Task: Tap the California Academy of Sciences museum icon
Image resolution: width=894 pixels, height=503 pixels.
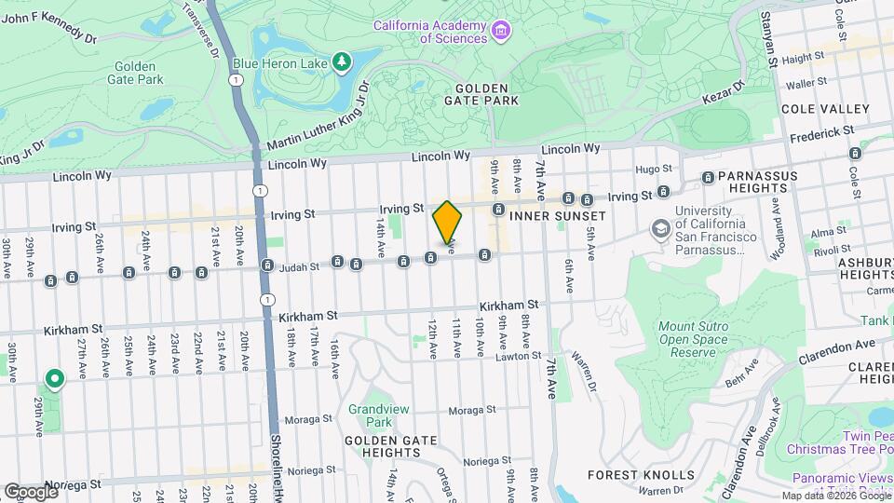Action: click(x=502, y=32)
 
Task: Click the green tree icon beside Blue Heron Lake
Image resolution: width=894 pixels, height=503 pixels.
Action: click(x=344, y=61)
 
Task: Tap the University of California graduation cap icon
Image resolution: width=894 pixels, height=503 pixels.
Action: click(x=660, y=228)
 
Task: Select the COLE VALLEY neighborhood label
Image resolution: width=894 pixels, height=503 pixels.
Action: click(x=825, y=109)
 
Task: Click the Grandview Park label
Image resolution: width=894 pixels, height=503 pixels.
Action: click(x=371, y=415)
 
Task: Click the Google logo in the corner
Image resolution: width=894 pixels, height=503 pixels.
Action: click(x=30, y=491)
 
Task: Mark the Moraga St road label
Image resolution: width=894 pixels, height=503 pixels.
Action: click(x=472, y=410)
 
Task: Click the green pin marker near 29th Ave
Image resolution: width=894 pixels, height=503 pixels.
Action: click(x=55, y=378)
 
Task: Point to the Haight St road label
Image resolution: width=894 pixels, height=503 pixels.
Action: click(x=804, y=57)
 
